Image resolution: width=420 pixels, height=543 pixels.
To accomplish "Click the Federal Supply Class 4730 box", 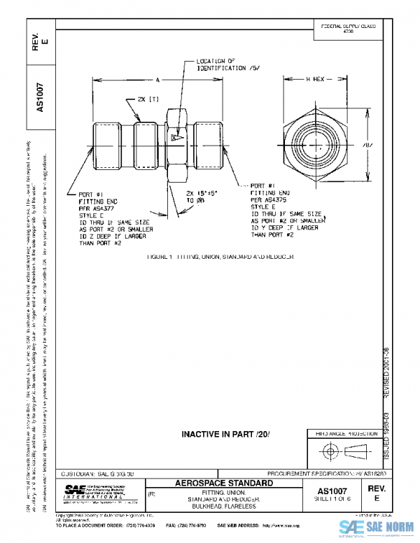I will click(347, 29).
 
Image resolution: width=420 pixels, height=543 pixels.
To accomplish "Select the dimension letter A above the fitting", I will click(158, 79).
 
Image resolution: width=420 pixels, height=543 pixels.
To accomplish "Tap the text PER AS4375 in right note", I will click(268, 200).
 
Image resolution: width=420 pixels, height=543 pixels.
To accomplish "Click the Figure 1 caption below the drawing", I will click(220, 257).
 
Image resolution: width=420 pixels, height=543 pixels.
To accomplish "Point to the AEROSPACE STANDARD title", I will click(223, 484).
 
